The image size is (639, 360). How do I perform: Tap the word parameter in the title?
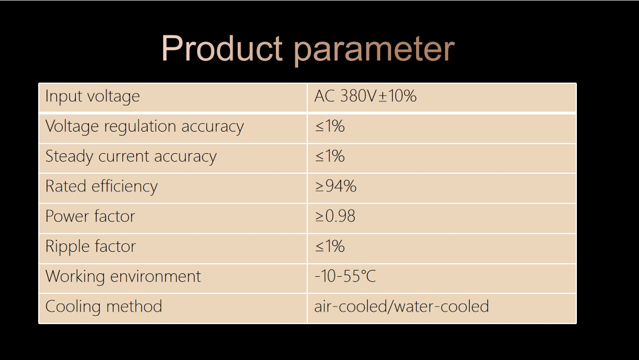pyautogui.click(x=374, y=50)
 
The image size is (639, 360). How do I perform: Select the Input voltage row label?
pyautogui.click(x=92, y=96)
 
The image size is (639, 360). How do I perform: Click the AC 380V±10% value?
pyautogui.click(x=365, y=96)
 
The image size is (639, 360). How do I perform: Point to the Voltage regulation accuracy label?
pyautogui.click(x=145, y=126)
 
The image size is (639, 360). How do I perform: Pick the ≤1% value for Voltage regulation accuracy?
pyautogui.click(x=329, y=126)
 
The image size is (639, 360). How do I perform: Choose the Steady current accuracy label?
pyautogui.click(x=131, y=157)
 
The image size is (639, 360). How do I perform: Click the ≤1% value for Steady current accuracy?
pyautogui.click(x=329, y=157)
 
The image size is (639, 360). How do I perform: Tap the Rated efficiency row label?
pyautogui.click(x=101, y=186)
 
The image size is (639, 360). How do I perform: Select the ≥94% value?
pyautogui.click(x=336, y=186)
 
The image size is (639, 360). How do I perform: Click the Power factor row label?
pyautogui.click(x=90, y=216)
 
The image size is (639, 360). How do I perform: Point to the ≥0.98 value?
pyautogui.click(x=335, y=216)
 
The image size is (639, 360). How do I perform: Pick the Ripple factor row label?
pyautogui.click(x=91, y=247)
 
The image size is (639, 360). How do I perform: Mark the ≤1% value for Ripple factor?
pyautogui.click(x=329, y=247)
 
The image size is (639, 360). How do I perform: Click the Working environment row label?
pyautogui.click(x=123, y=276)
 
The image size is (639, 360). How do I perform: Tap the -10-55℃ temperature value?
pyautogui.click(x=345, y=276)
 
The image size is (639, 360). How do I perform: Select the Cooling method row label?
pyautogui.click(x=104, y=306)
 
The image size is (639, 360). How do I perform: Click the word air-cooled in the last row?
pyautogui.click(x=351, y=306)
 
